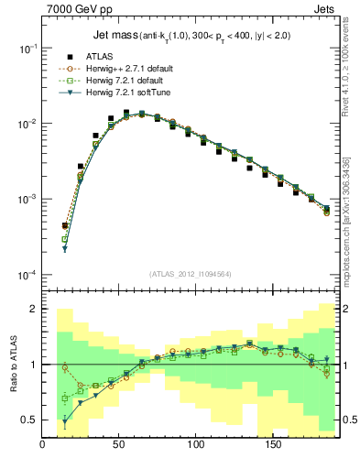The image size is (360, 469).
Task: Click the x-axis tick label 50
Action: tap(119, 445)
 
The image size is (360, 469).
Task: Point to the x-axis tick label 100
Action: tap(195, 445)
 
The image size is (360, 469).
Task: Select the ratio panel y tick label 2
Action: tap(33, 310)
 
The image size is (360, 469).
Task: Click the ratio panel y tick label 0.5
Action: tap(29, 420)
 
